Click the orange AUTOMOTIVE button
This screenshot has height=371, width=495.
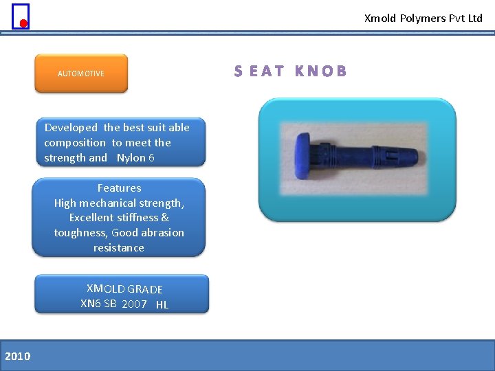pos(81,74)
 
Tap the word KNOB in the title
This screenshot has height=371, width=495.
pos(320,71)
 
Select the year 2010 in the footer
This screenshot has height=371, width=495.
pos(17,355)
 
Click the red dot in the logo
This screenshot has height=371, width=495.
pos(23,23)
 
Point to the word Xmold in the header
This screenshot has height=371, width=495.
pos(380,19)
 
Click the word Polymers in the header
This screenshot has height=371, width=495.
pos(423,19)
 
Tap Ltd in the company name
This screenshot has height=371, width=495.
pos(475,19)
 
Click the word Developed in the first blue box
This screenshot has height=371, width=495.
pos(71,128)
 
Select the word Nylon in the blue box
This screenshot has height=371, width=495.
pos(129,158)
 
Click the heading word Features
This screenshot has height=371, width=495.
pos(119,188)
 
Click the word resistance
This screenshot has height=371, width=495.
pos(119,248)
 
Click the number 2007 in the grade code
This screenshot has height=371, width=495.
pos(134,304)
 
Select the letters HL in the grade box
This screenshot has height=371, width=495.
pos(162,304)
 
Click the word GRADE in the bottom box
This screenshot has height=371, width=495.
pos(145,289)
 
